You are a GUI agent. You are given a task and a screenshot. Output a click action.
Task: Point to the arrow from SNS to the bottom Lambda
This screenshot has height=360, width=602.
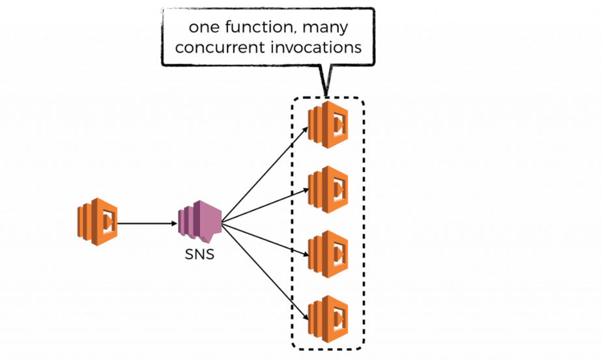point(267,273)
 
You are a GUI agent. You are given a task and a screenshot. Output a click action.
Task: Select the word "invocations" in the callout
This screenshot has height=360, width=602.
point(319,48)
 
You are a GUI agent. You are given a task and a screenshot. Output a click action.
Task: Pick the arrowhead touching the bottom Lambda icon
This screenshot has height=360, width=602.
point(306,318)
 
